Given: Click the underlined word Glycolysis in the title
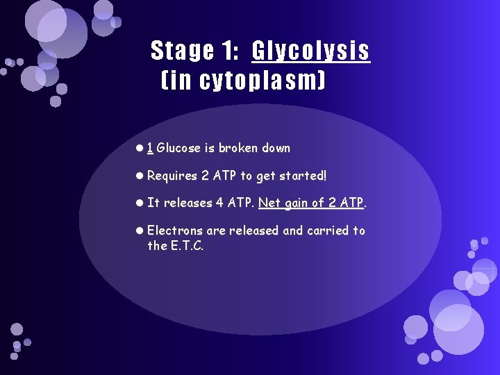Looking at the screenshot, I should pos(310,51).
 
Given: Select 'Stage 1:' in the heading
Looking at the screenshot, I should pos(196,51).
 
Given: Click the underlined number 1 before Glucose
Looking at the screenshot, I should pos(150,148).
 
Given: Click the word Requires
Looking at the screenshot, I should pos(172,176).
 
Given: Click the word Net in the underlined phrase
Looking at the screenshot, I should pos(269,203).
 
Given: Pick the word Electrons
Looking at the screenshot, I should pos(175,231).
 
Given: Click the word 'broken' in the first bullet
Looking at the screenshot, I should pos(237,148).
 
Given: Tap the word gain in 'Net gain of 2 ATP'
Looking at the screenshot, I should pos(297,203).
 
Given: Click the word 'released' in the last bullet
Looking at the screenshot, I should pos(252,231).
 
